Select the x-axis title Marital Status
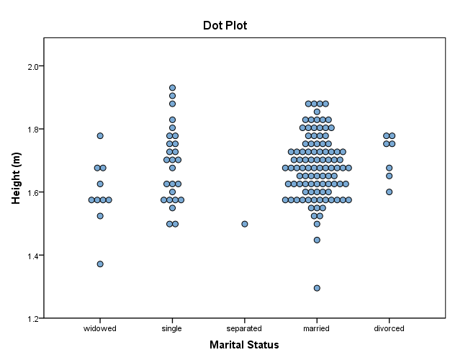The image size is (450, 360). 244,345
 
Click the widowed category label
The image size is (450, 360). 100,328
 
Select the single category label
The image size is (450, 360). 172,328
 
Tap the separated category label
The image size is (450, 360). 244,328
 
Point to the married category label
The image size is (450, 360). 317,328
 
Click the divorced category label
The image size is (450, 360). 389,328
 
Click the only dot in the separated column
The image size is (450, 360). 245,224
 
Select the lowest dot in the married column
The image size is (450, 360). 317,288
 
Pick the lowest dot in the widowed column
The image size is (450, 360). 100,264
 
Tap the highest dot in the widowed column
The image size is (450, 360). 100,135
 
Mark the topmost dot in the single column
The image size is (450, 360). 173,88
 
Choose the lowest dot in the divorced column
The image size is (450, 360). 389,192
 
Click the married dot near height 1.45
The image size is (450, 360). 317,240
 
